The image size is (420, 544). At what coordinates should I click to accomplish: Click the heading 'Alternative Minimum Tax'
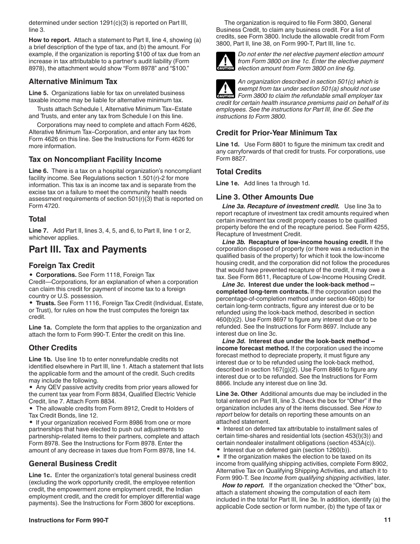point(73,82)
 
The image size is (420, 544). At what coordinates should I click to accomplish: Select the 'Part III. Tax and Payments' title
point(88,249)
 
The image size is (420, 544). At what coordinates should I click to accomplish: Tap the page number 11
point(387,521)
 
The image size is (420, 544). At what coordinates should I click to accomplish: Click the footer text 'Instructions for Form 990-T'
point(69,521)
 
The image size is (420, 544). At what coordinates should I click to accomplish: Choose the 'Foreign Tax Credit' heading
point(61,266)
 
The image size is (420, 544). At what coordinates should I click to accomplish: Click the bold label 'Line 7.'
point(38,230)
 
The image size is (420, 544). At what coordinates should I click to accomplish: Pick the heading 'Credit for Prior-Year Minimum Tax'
point(276,133)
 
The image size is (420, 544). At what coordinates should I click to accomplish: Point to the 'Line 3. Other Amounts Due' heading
point(265,197)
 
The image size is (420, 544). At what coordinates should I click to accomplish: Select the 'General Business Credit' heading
point(73,464)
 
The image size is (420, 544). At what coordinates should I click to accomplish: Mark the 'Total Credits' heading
point(239,172)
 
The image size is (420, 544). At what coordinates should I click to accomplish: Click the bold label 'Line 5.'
point(38,93)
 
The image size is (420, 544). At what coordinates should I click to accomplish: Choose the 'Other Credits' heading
point(53,348)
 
